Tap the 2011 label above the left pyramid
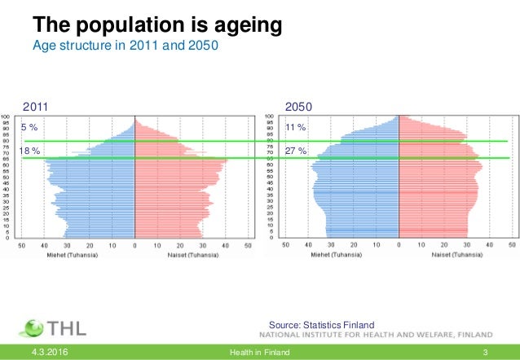(35, 107)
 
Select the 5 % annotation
(29, 127)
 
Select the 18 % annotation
(29, 151)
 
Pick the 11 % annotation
(295, 127)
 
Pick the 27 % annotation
(295, 151)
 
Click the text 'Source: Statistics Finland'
(327, 325)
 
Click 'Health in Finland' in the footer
(260, 352)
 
